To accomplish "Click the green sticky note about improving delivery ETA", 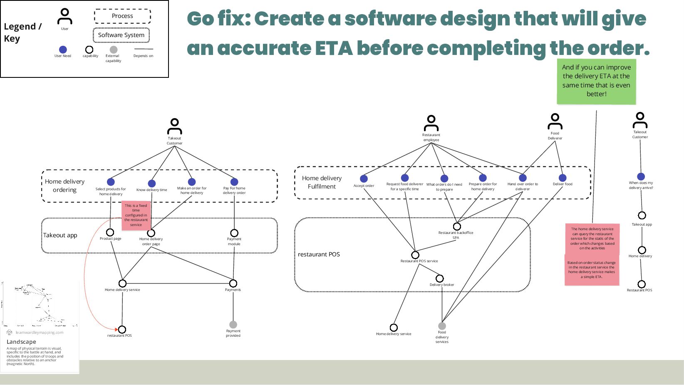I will click(596, 81).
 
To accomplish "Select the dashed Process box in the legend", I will click(122, 16).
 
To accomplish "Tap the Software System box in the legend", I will click(121, 35).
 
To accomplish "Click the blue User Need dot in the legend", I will click(63, 50).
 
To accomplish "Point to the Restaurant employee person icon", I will click(431, 123).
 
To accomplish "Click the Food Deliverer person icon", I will click(555, 122).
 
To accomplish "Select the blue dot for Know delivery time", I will click(152, 183).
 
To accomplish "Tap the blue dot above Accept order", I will click(364, 179).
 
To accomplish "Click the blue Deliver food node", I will click(563, 178).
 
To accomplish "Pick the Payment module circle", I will click(234, 233).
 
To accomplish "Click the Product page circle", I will click(110, 232).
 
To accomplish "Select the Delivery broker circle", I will click(440, 278).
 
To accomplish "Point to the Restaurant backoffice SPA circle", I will click(457, 226).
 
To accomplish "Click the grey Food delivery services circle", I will click(442, 326).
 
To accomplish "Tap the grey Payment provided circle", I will click(233, 324).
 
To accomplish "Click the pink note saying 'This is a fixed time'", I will click(136, 215).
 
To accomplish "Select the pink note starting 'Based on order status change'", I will click(591, 270).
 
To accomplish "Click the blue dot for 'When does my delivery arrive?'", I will click(641, 176).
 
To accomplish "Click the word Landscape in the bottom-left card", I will click(21, 342).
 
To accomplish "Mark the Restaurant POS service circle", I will click(415, 255).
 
